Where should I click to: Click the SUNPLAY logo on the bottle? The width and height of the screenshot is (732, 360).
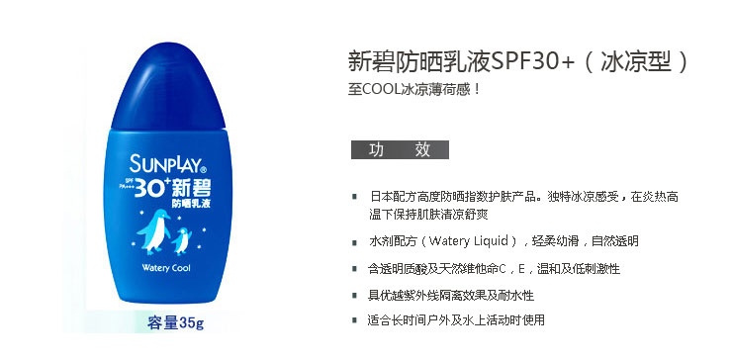(x=165, y=162)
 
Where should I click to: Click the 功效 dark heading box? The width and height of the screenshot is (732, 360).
(x=400, y=149)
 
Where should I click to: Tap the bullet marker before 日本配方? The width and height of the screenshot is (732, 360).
(x=355, y=198)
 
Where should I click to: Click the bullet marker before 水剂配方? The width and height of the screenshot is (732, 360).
(x=355, y=241)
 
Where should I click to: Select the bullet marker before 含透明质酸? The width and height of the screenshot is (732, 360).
(x=355, y=268)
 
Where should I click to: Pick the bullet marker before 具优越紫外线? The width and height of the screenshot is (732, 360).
(x=355, y=295)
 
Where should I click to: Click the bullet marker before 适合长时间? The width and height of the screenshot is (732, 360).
(x=355, y=320)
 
